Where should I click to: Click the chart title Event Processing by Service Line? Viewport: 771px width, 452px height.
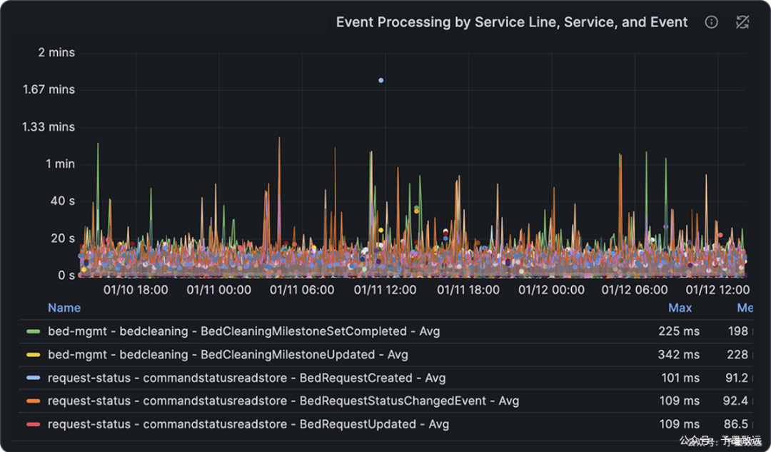[x=511, y=22]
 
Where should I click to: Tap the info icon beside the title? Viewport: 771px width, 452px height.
[x=711, y=22]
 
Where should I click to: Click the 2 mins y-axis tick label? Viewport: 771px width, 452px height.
[x=56, y=52]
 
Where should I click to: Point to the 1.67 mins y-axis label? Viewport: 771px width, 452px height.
[x=49, y=89]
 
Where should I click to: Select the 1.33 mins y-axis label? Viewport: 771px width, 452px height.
[x=49, y=126]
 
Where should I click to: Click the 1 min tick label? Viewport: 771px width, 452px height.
[x=60, y=164]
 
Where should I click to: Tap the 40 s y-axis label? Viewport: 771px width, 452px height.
[x=62, y=201]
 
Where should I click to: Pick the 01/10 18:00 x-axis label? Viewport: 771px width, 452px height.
[x=136, y=290]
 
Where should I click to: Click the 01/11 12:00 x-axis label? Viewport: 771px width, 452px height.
[x=385, y=290]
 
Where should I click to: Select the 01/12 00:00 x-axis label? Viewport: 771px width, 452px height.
[x=551, y=290]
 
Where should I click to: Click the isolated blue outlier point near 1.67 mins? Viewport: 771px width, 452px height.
[x=381, y=80]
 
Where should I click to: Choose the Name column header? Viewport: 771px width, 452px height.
[x=64, y=308]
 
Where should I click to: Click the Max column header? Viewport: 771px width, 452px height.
[x=680, y=308]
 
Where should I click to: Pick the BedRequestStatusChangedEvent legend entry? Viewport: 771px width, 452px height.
[x=283, y=401]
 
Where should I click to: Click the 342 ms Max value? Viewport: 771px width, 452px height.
[x=679, y=354]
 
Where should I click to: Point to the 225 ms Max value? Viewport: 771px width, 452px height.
[x=679, y=331]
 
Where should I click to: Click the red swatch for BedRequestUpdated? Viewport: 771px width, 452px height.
[x=33, y=424]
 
